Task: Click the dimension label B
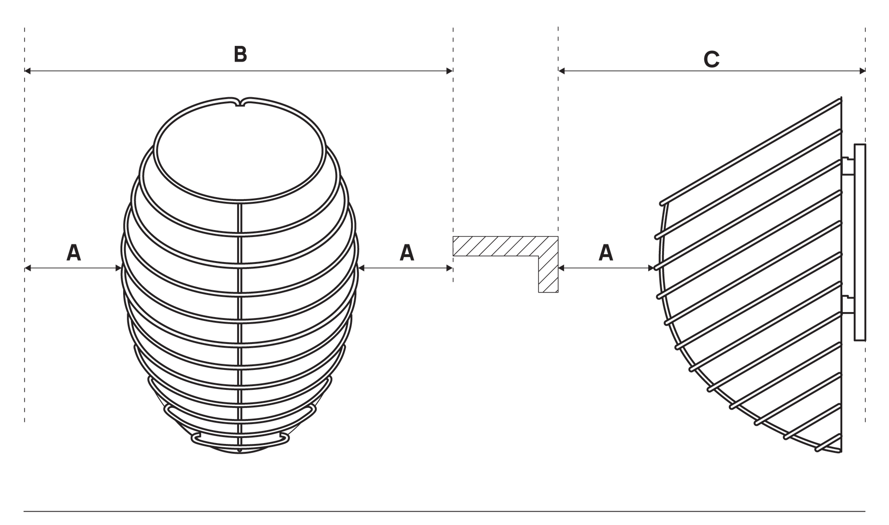coord(240,54)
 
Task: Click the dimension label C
coord(712,59)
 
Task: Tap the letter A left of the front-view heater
coord(74,252)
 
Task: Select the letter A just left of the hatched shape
coord(407,252)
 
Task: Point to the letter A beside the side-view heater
coord(606,252)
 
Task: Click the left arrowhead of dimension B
coord(28,71)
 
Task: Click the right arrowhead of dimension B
coord(449,71)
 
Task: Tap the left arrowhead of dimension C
coord(562,71)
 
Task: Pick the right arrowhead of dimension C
coord(862,71)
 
